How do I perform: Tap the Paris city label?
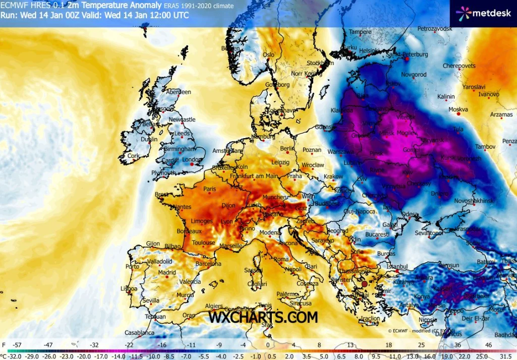[209, 189]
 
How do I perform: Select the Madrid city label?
[167, 273]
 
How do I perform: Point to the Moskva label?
[458, 109]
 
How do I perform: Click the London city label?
[191, 159]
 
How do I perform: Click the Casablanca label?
[139, 333]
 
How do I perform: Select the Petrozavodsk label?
[435, 29]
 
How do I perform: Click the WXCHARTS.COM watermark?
[263, 317]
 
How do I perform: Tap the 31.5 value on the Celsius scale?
[506, 355]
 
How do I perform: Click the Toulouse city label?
[203, 243]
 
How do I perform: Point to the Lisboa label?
[129, 288]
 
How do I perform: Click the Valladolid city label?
[160, 262]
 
